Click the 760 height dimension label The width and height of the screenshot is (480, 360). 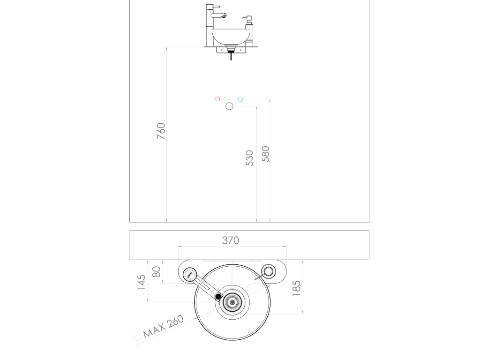coord(161,131)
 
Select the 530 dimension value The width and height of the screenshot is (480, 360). coord(249,158)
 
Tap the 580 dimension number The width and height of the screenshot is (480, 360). coord(265,154)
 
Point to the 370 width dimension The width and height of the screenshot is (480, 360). coord(231,240)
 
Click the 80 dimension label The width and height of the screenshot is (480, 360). coord(156,272)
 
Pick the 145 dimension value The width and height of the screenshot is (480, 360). coord(142,283)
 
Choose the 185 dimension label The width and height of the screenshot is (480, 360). coord(296,288)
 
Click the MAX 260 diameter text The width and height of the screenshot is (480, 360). coord(164,327)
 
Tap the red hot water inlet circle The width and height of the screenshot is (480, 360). coord(217,99)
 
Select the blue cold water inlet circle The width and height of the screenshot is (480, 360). coord(240,99)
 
